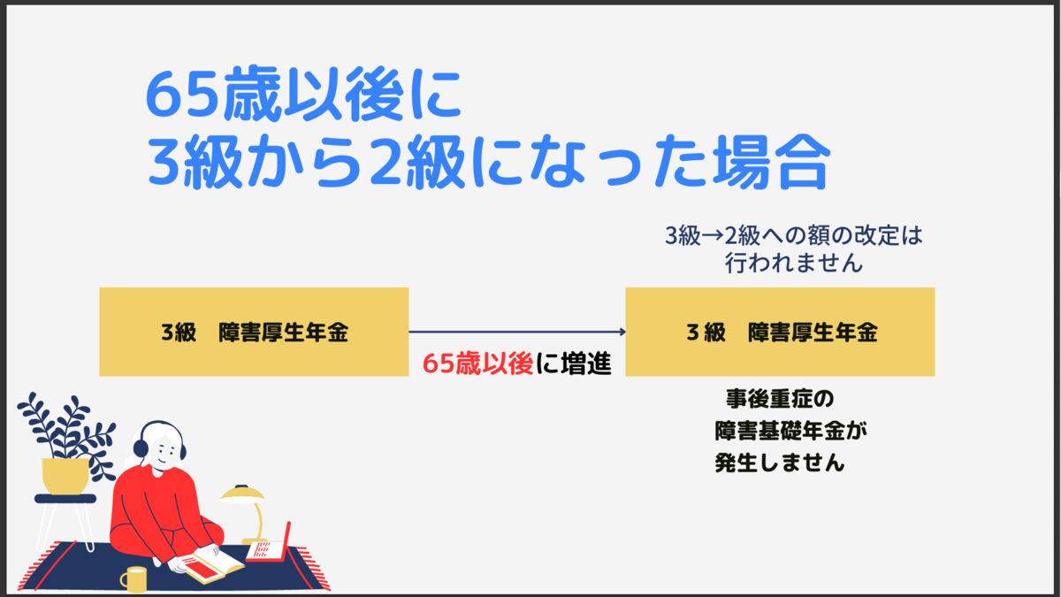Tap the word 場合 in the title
coord(771,162)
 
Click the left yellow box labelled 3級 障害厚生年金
coord(254,332)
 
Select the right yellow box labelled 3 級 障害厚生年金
coord(780,332)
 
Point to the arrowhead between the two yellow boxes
coord(622,332)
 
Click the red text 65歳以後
coord(477,364)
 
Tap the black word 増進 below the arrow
coord(586,364)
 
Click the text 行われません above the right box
coord(793,263)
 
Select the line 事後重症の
coord(780,399)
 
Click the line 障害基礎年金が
coord(790,432)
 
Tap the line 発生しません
coord(780,463)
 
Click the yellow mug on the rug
coord(134,579)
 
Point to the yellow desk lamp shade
coord(242,494)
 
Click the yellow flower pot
coord(65,476)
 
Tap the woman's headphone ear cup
coord(141,449)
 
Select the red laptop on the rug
coord(269,545)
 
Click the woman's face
coord(164,450)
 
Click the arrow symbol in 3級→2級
coord(712,236)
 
